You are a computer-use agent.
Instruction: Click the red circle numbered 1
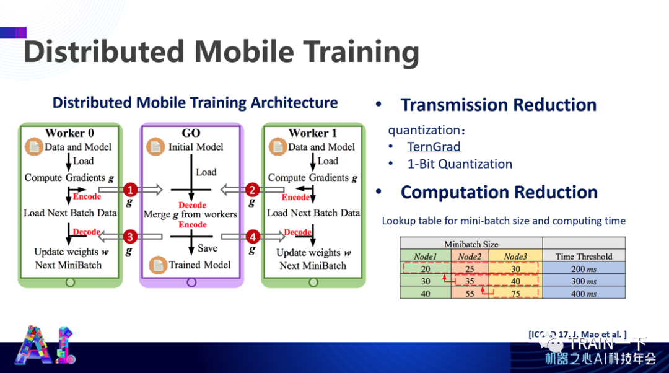coord(129,189)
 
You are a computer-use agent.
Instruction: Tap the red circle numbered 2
coord(252,189)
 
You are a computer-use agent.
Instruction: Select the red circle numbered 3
coord(129,237)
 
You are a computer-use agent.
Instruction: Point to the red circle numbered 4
coord(252,237)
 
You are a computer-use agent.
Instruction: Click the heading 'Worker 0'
coord(69,133)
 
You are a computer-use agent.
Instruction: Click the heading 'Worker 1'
coord(312,133)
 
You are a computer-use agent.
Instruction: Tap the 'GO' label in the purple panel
coord(191,133)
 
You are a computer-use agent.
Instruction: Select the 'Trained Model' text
coord(199,265)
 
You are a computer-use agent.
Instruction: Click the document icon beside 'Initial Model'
coord(155,147)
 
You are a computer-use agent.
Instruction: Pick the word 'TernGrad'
coord(434,147)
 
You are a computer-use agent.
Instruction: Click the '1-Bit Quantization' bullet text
coord(460,164)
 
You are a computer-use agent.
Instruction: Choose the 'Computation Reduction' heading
coord(499,193)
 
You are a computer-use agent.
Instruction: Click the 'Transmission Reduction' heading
coord(498,105)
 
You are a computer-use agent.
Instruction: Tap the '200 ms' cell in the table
coord(584,269)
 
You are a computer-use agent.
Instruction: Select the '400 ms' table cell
coord(584,294)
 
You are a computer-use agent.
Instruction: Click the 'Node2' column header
coord(470,257)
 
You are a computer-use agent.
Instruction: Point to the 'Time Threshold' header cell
coord(584,257)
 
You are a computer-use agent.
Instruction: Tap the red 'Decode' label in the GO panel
coord(192,205)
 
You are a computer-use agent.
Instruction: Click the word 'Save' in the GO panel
coord(208,248)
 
